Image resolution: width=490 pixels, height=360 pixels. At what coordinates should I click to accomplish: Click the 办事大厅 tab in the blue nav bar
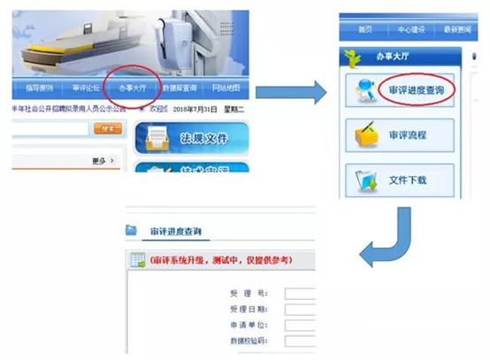click(131, 88)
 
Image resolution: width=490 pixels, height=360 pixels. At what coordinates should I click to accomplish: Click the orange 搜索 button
click(108, 129)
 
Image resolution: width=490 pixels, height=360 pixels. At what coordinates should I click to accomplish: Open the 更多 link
click(103, 160)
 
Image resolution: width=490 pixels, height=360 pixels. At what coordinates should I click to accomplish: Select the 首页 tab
click(365, 30)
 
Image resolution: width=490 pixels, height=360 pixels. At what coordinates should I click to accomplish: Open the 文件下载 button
click(410, 180)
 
